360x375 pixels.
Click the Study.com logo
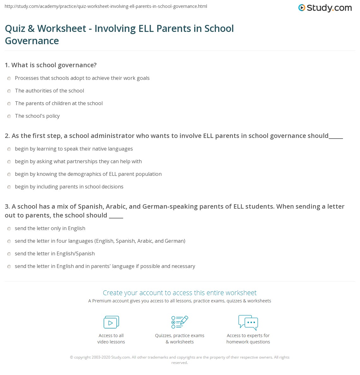click(325, 8)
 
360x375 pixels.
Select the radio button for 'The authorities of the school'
click(9, 91)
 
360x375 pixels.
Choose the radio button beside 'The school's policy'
click(9, 116)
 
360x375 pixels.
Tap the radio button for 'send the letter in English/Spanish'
click(9, 254)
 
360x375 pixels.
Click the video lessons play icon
click(111, 322)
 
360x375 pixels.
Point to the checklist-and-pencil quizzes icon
click(180, 322)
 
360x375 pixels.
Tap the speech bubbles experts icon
click(248, 322)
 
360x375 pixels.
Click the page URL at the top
click(106, 6)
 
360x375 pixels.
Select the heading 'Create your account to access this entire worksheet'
click(180, 293)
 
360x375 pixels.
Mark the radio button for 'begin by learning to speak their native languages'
click(9, 149)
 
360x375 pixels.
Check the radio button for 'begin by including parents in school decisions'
click(9, 187)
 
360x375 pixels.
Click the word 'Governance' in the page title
click(32, 41)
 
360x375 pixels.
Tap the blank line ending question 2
click(336, 137)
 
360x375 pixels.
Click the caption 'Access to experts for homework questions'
click(248, 339)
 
